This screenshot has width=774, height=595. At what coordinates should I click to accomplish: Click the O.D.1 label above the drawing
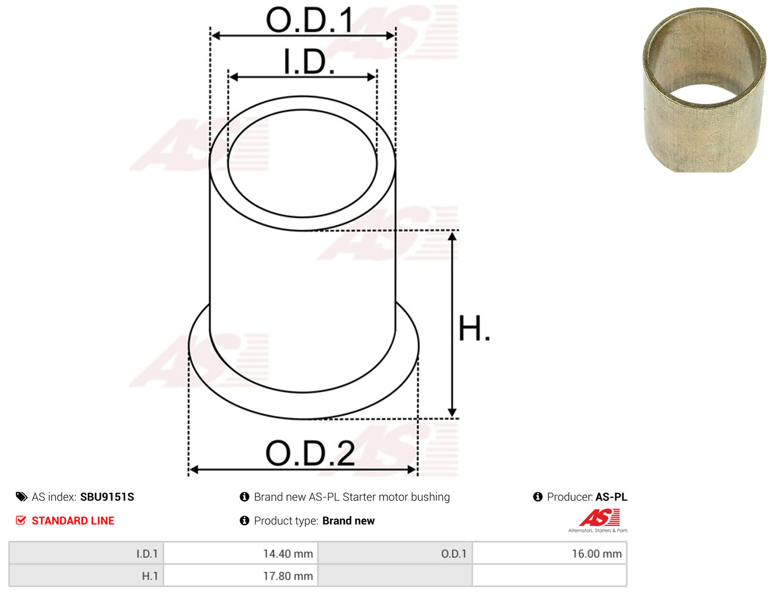(x=309, y=19)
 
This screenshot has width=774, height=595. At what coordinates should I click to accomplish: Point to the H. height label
(x=474, y=328)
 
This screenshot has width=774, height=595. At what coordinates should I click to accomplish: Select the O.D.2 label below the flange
(x=310, y=453)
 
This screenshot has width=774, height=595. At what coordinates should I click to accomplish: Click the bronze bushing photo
(x=704, y=90)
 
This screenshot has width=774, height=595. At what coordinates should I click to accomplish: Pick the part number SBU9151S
(x=107, y=497)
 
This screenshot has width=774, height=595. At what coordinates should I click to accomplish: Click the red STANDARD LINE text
(x=73, y=520)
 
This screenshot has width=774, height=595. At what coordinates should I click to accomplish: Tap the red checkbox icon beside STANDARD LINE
(x=21, y=520)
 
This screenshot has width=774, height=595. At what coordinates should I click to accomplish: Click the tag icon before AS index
(x=21, y=497)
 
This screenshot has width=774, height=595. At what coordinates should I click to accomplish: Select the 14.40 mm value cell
(x=241, y=554)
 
